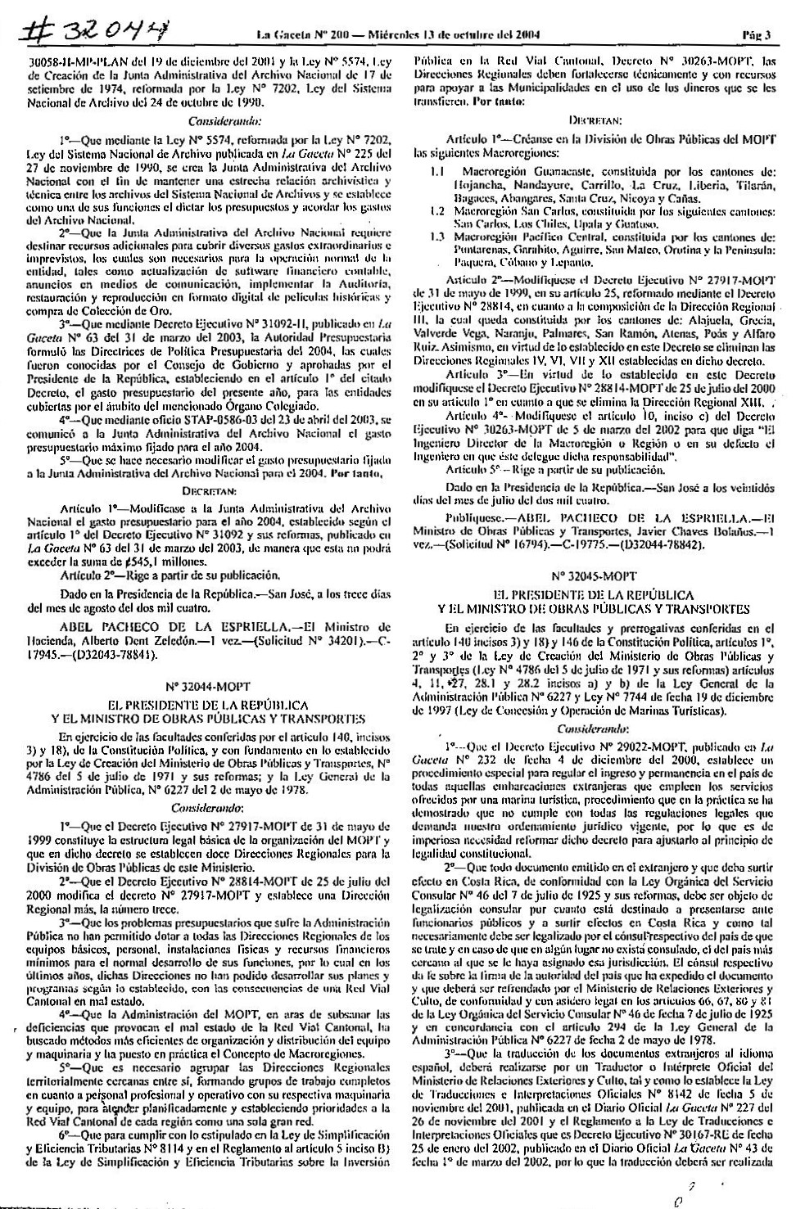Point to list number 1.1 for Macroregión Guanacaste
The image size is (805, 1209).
tap(437, 174)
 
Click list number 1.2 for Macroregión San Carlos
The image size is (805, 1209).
tap(437, 210)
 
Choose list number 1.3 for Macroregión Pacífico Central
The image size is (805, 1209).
tap(437, 236)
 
